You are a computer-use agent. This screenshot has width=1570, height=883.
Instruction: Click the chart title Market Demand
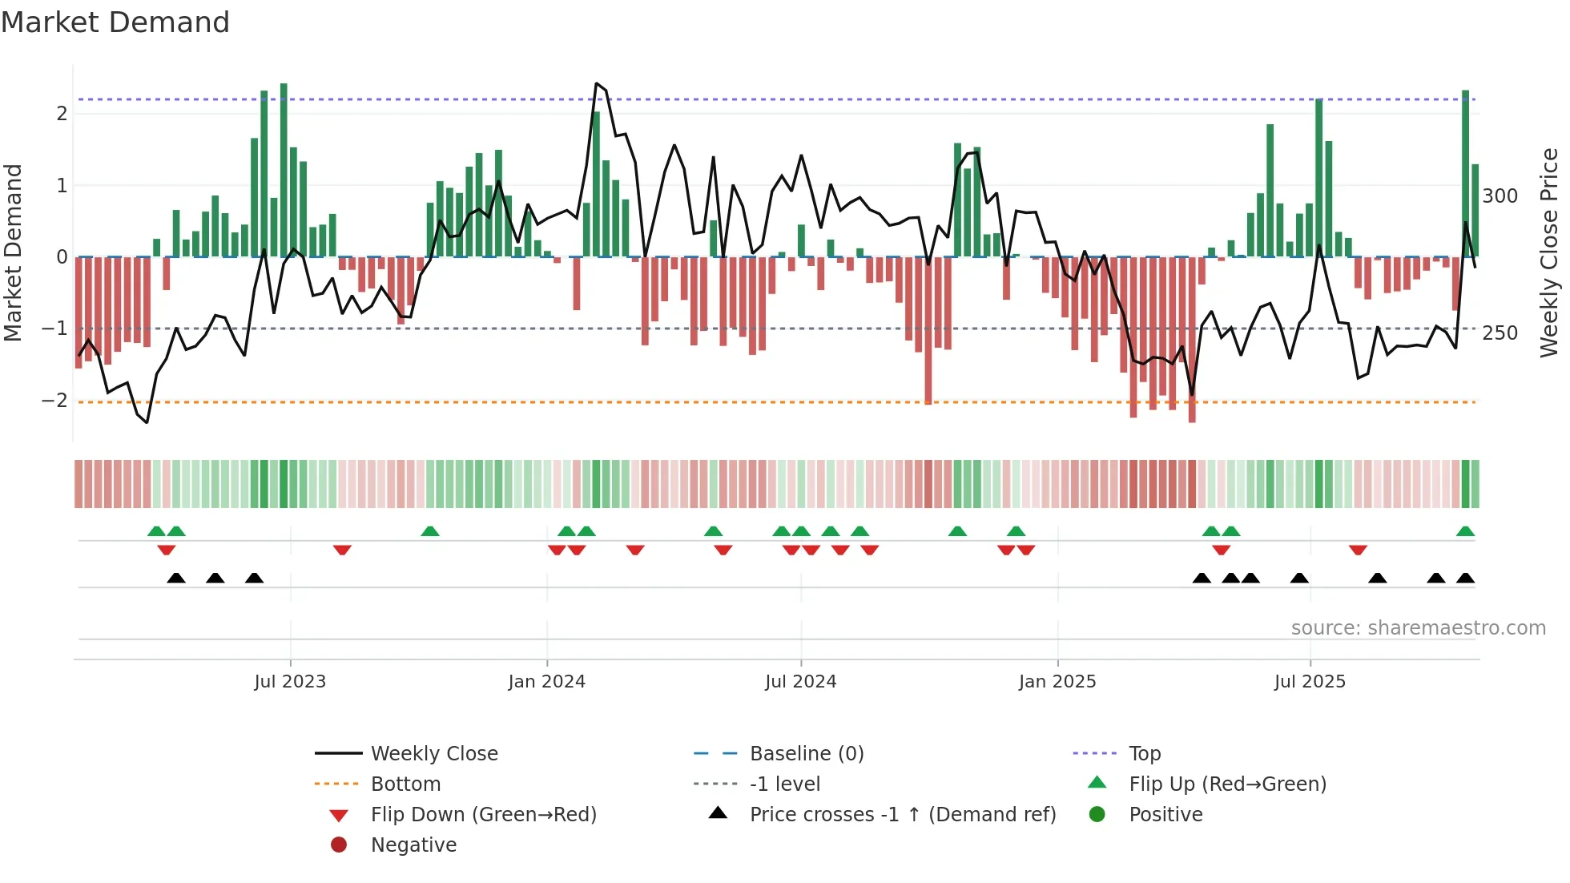pyautogui.click(x=115, y=22)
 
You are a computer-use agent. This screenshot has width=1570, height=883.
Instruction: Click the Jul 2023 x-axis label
pyautogui.click(x=290, y=682)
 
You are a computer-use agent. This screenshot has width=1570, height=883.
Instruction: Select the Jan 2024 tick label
pyautogui.click(x=547, y=682)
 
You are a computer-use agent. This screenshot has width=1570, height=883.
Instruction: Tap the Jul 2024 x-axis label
pyautogui.click(x=800, y=682)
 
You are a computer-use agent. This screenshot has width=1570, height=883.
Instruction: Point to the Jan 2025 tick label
pyautogui.click(x=1057, y=682)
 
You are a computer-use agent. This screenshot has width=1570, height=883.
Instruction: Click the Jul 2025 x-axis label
pyautogui.click(x=1310, y=682)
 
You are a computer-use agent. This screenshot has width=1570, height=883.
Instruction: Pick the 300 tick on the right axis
pyautogui.click(x=1500, y=196)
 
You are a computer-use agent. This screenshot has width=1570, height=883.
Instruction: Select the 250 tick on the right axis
pyautogui.click(x=1500, y=333)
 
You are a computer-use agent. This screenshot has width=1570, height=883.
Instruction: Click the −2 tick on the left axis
pyautogui.click(x=55, y=401)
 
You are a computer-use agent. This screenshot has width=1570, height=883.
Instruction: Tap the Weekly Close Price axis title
pyautogui.click(x=1549, y=252)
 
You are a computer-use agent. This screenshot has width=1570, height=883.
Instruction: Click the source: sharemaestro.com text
pyautogui.click(x=1418, y=628)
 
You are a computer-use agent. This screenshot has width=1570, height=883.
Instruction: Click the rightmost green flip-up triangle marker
pyautogui.click(x=1465, y=532)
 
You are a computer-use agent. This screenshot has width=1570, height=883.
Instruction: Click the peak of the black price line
pyautogui.click(x=597, y=83)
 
